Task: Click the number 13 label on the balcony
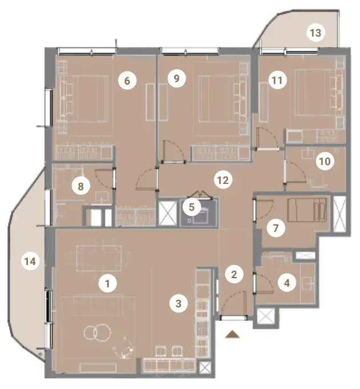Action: (315, 33)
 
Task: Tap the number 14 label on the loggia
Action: (30, 261)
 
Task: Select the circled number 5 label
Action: (192, 207)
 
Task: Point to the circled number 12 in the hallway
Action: (223, 180)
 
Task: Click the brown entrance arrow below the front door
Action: (233, 334)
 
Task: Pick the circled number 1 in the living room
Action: (107, 283)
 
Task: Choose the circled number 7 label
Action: (276, 228)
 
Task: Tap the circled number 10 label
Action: (325, 162)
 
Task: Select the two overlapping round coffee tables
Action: (97, 332)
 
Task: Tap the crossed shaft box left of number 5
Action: (168, 214)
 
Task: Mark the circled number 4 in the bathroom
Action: (287, 283)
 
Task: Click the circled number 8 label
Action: (81, 186)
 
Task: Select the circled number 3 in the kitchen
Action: (179, 303)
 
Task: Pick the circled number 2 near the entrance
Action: (234, 274)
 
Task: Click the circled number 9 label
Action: (176, 78)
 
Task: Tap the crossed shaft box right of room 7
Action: (339, 214)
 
